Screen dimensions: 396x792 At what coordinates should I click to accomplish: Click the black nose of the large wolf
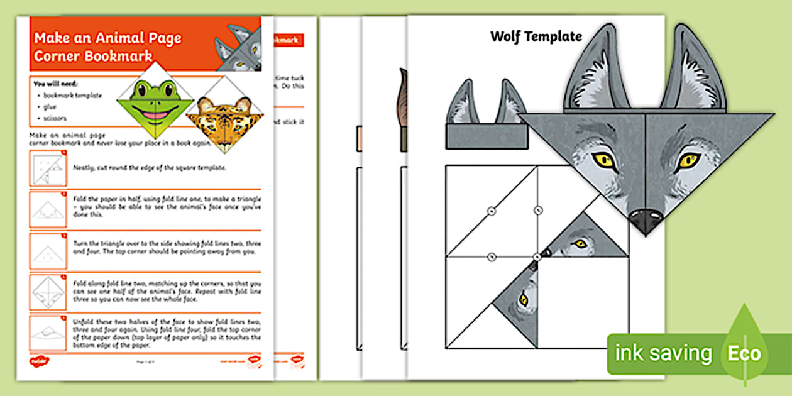pos(646,219)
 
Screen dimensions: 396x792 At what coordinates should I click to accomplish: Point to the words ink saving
pos(665,353)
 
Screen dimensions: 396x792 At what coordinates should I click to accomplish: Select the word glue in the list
pos(50,107)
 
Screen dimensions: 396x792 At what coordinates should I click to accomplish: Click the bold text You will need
pos(55,83)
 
